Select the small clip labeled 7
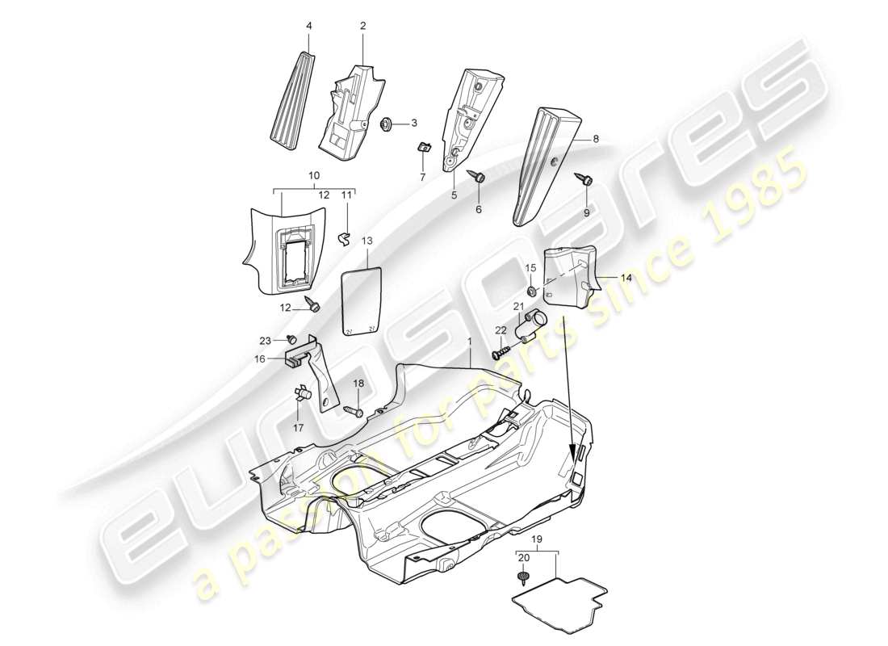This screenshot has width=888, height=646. coord(423,146)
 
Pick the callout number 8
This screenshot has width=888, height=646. coord(596,139)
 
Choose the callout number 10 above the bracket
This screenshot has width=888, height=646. coord(314,175)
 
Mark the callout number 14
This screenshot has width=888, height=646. coord(626,276)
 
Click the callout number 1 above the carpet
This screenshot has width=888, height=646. coord(469,342)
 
